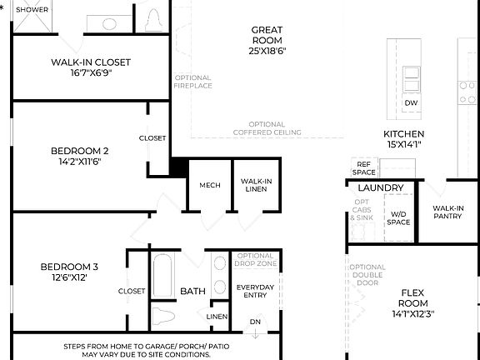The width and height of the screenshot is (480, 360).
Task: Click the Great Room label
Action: point(267,35)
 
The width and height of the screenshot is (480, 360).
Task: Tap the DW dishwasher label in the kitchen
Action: point(411,103)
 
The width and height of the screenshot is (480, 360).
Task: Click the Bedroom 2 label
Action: point(80,151)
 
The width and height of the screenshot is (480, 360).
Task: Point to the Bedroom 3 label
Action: point(69,267)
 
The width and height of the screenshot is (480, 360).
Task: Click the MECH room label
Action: point(210,185)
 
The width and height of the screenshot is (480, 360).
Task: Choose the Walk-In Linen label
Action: point(256,185)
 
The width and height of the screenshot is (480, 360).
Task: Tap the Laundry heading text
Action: point(381,188)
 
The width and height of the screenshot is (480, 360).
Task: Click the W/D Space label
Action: point(398,218)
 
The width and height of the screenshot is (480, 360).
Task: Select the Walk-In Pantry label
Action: point(447,212)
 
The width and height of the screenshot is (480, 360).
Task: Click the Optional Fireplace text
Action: point(193,82)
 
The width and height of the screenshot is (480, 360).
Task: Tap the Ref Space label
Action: point(363,168)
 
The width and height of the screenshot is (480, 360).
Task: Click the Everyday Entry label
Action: point(255,292)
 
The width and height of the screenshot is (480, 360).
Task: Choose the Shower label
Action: point(31,10)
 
